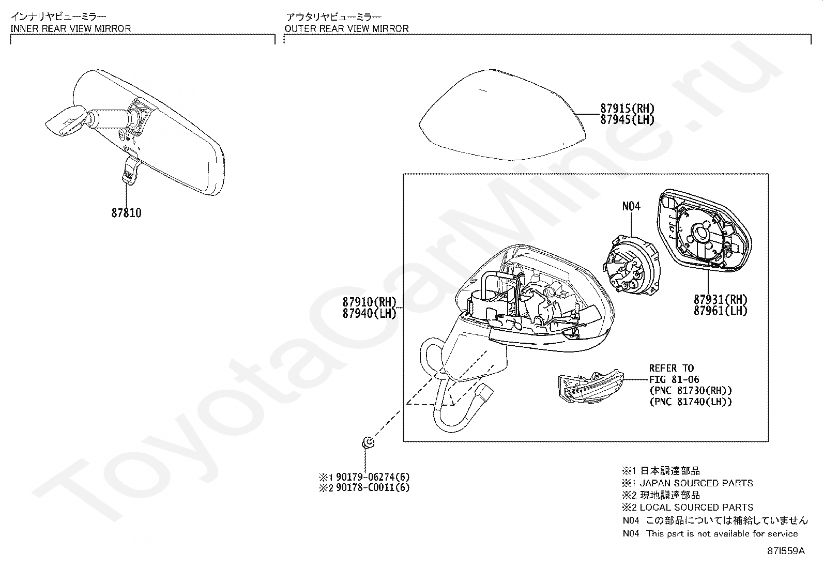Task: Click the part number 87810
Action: point(126,212)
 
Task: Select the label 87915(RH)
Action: point(627,109)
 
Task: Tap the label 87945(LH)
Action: point(627,119)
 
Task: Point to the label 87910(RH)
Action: point(369,302)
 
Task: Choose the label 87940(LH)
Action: point(369,313)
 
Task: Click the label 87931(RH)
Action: point(721,299)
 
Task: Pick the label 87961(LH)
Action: point(721,311)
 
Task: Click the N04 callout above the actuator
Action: point(631,206)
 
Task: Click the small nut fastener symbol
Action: point(368,442)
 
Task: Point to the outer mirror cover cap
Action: point(501,114)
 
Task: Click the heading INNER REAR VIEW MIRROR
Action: point(71,28)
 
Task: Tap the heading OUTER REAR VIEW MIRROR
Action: point(346,28)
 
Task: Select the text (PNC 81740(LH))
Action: point(691,402)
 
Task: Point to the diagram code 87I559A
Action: point(786,551)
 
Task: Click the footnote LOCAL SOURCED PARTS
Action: point(696,508)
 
